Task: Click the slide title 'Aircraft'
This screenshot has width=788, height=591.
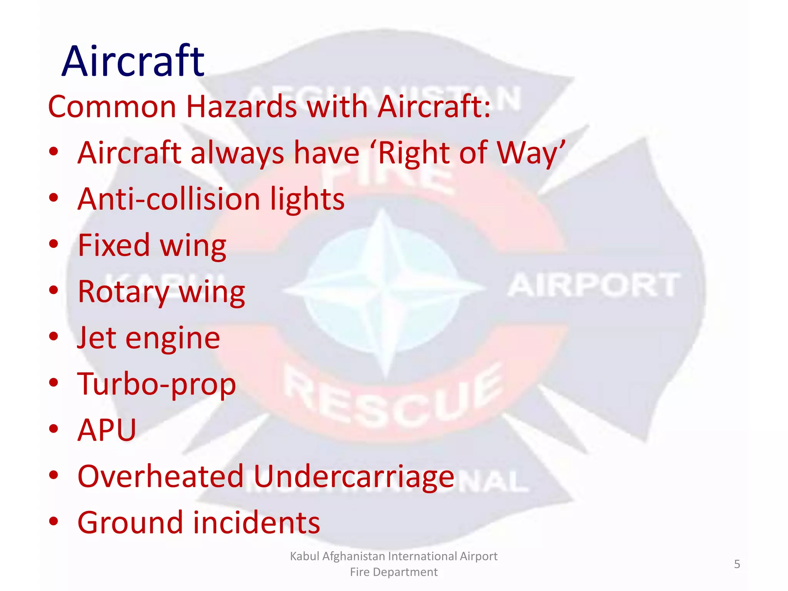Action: [x=133, y=61]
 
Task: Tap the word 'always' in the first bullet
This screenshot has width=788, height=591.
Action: [x=237, y=153]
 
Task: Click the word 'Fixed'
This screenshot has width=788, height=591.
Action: [x=114, y=245]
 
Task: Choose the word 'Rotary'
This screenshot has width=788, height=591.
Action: [x=124, y=292]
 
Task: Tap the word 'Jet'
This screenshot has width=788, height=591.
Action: [x=97, y=338]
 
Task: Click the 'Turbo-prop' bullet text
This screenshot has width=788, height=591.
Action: [x=157, y=384]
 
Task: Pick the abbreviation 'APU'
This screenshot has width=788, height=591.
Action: [x=107, y=430]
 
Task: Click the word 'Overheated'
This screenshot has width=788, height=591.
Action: [x=161, y=476]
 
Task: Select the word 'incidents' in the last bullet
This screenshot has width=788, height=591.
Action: [x=256, y=523]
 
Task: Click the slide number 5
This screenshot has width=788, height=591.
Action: [x=737, y=564]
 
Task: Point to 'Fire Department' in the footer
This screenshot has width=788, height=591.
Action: [x=394, y=572]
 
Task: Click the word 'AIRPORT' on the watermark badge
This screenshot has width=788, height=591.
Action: [x=594, y=285]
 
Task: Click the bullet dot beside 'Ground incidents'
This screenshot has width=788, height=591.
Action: [x=53, y=522]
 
